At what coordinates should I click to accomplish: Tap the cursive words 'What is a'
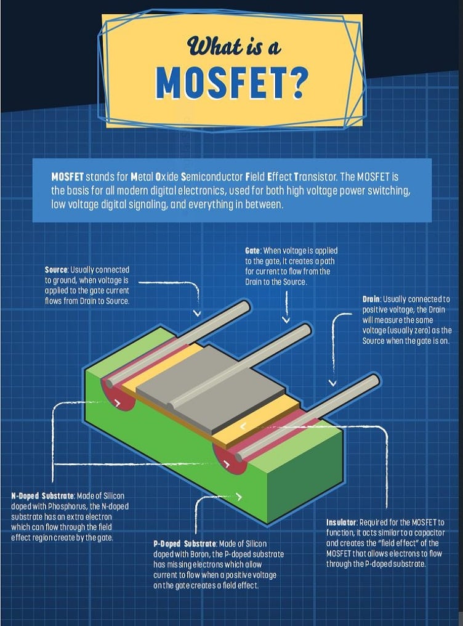(234, 46)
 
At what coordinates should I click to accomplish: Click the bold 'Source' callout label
(56, 270)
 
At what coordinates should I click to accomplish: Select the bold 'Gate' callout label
(252, 251)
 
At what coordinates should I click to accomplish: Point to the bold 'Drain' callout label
(371, 299)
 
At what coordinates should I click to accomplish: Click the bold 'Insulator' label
(341, 522)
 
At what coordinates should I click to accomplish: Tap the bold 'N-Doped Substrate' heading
(42, 496)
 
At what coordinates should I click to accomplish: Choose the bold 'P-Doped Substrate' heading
(185, 544)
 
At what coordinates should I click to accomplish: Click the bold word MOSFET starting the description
(67, 176)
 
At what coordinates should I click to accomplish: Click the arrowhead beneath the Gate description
(286, 319)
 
